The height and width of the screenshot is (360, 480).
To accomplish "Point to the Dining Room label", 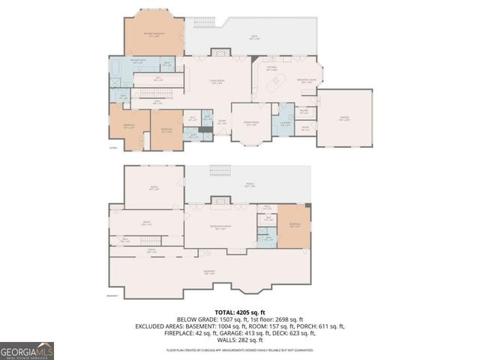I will pos(252,124).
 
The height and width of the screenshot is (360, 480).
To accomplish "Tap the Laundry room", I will pos(284,125).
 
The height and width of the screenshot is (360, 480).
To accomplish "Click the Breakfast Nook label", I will pos(310,79).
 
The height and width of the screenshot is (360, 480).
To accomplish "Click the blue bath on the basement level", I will pos(268,241).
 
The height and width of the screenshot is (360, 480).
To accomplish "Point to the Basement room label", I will pos(210,272).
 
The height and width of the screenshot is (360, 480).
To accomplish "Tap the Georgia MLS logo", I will pos(27,350).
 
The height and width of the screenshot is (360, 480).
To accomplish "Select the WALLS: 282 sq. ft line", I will pos(239,340).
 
